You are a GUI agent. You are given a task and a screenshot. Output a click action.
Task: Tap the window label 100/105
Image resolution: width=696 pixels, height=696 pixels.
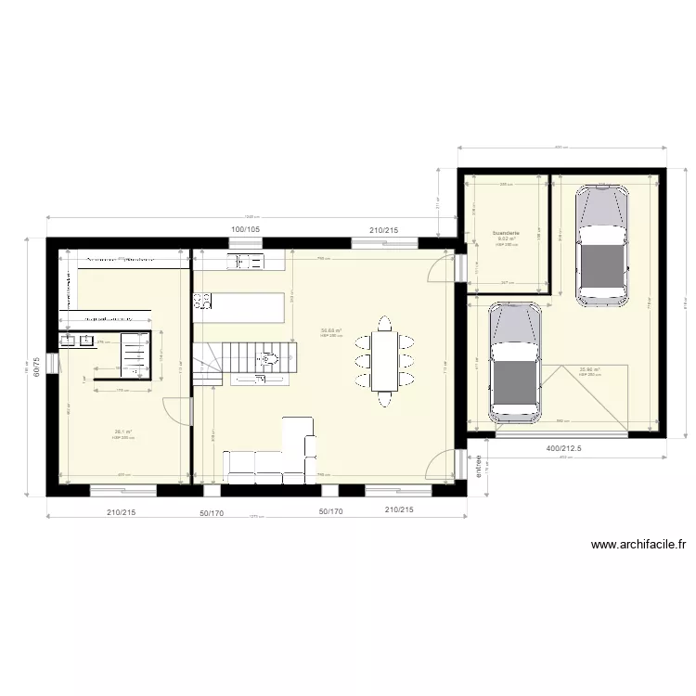(245, 229)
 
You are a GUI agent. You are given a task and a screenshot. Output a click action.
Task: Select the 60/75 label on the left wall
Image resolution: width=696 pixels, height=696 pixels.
(36, 368)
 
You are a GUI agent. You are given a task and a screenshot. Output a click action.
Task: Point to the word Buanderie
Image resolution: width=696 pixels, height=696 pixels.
(506, 233)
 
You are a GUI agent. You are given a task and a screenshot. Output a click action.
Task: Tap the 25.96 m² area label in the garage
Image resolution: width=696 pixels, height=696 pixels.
(590, 369)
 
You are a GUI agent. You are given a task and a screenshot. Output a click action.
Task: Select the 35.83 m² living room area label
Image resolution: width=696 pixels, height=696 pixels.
(331, 330)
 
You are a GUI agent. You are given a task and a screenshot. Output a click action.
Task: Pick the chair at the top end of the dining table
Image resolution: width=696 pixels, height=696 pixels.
(384, 322)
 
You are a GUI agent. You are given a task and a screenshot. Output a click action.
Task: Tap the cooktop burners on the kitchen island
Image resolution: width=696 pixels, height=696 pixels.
(202, 301)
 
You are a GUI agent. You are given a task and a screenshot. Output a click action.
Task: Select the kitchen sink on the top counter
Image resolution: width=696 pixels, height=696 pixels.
(247, 261)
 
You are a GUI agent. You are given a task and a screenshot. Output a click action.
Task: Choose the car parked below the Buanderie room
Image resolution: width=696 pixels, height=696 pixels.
(515, 362)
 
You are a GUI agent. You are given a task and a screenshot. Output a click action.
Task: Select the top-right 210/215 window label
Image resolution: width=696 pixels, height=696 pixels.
(383, 229)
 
